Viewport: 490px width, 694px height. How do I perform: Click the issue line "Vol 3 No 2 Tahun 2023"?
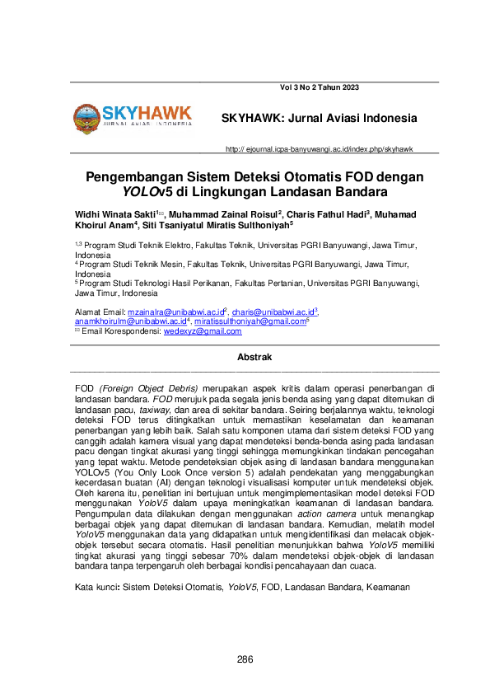(320, 87)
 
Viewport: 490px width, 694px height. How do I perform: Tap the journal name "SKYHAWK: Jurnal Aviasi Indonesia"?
(320, 118)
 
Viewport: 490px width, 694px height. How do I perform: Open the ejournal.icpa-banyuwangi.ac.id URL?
(319, 149)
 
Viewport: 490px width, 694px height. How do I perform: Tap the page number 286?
(245, 659)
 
